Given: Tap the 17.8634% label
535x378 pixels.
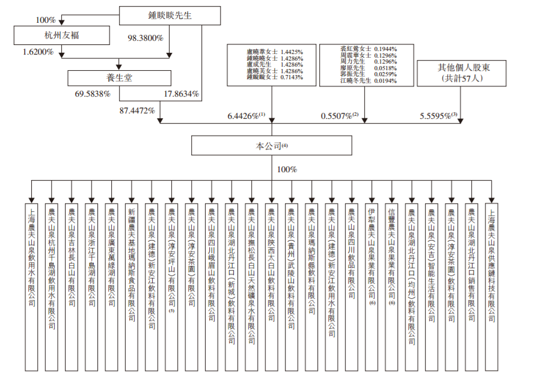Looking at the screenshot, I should click(x=182, y=94).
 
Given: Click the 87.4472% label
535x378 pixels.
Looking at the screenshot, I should click(x=138, y=110).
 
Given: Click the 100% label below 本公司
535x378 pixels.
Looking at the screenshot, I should click(x=287, y=170).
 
